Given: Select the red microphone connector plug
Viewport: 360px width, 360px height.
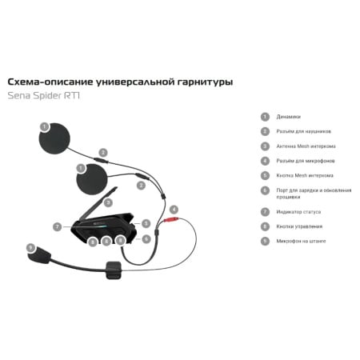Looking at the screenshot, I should pyautogui.click(x=170, y=220).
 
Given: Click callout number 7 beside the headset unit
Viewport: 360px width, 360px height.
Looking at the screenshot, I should pyautogui.click(x=58, y=227).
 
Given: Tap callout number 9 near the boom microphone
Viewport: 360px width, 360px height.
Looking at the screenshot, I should pyautogui.click(x=30, y=247).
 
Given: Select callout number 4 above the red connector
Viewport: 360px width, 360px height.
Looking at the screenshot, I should pyautogui.click(x=174, y=209).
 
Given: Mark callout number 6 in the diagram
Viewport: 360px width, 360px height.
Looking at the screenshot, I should pyautogui.click(x=146, y=238).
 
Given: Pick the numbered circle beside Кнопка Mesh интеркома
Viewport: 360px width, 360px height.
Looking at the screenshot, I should pyautogui.click(x=265, y=175).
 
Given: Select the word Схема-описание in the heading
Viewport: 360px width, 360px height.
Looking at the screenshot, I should pyautogui.click(x=46, y=82).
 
